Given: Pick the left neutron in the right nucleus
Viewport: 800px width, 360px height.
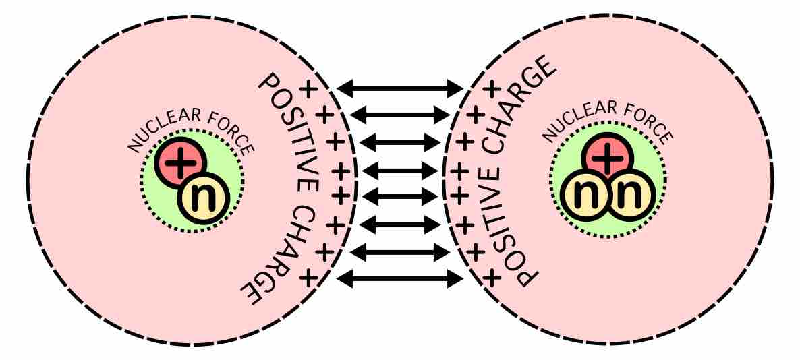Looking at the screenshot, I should coord(583,196).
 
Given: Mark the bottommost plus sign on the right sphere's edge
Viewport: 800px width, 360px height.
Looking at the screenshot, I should coord(493,276).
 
